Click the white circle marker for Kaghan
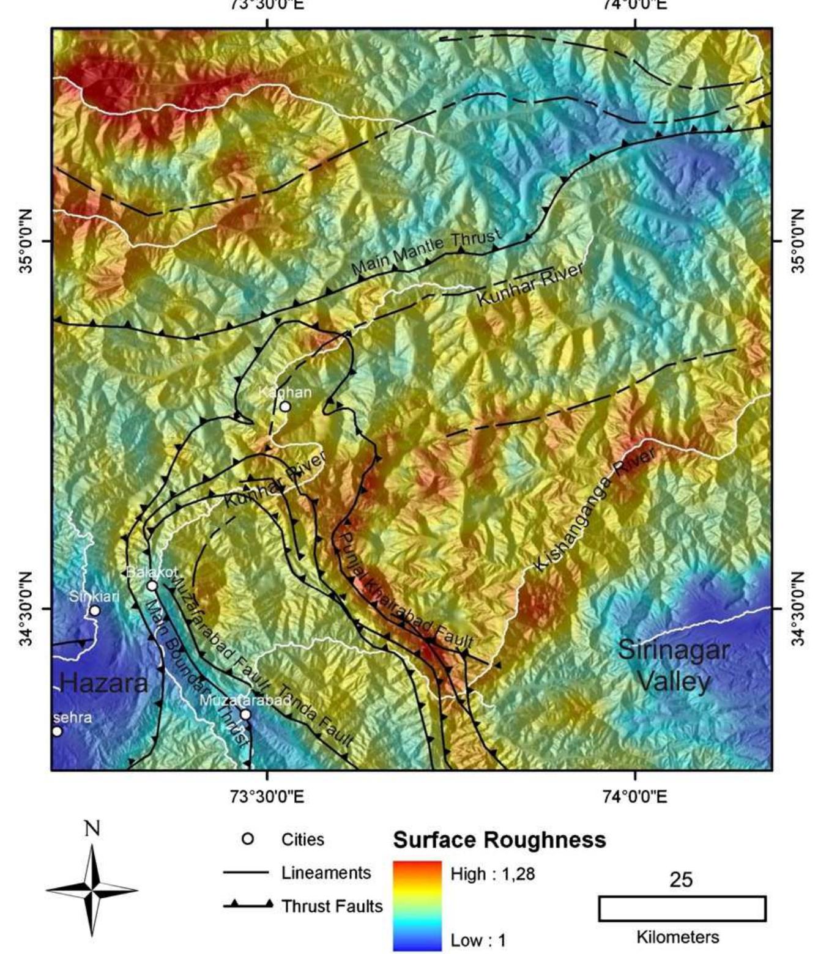click(x=285, y=407)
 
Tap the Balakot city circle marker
click(x=152, y=586)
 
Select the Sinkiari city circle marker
click(x=95, y=610)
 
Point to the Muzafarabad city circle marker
click(x=245, y=714)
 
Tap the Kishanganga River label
click(x=594, y=509)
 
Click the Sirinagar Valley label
click(x=673, y=665)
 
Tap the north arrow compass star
click(x=92, y=890)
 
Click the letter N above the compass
click(x=92, y=829)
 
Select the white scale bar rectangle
click(x=682, y=908)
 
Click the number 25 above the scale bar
click(x=681, y=879)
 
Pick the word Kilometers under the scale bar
click(x=678, y=937)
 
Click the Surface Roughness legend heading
click(x=499, y=840)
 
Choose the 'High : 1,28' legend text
click(x=493, y=874)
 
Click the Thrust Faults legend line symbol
click(x=247, y=906)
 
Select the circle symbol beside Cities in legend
click(x=248, y=839)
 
